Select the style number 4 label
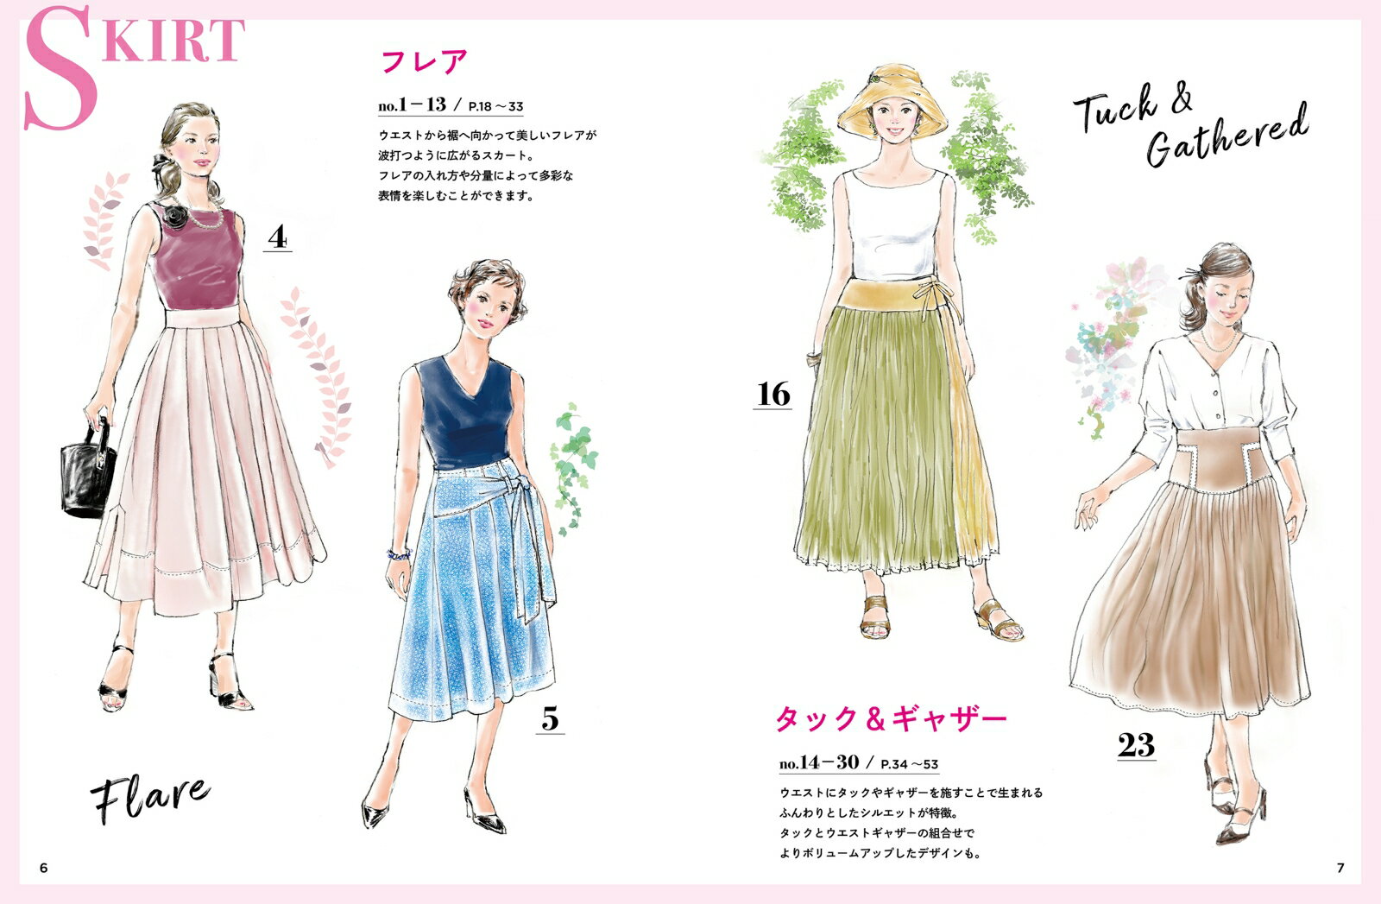point(277,237)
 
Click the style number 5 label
point(550,718)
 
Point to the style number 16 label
point(773,394)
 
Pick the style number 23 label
point(1136,745)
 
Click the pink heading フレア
point(425,61)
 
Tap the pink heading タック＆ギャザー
point(890,719)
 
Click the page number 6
point(43,868)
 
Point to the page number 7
point(1340,868)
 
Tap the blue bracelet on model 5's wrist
point(398,554)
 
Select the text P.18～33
point(495,107)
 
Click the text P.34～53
point(910,765)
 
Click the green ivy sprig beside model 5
point(573,469)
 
